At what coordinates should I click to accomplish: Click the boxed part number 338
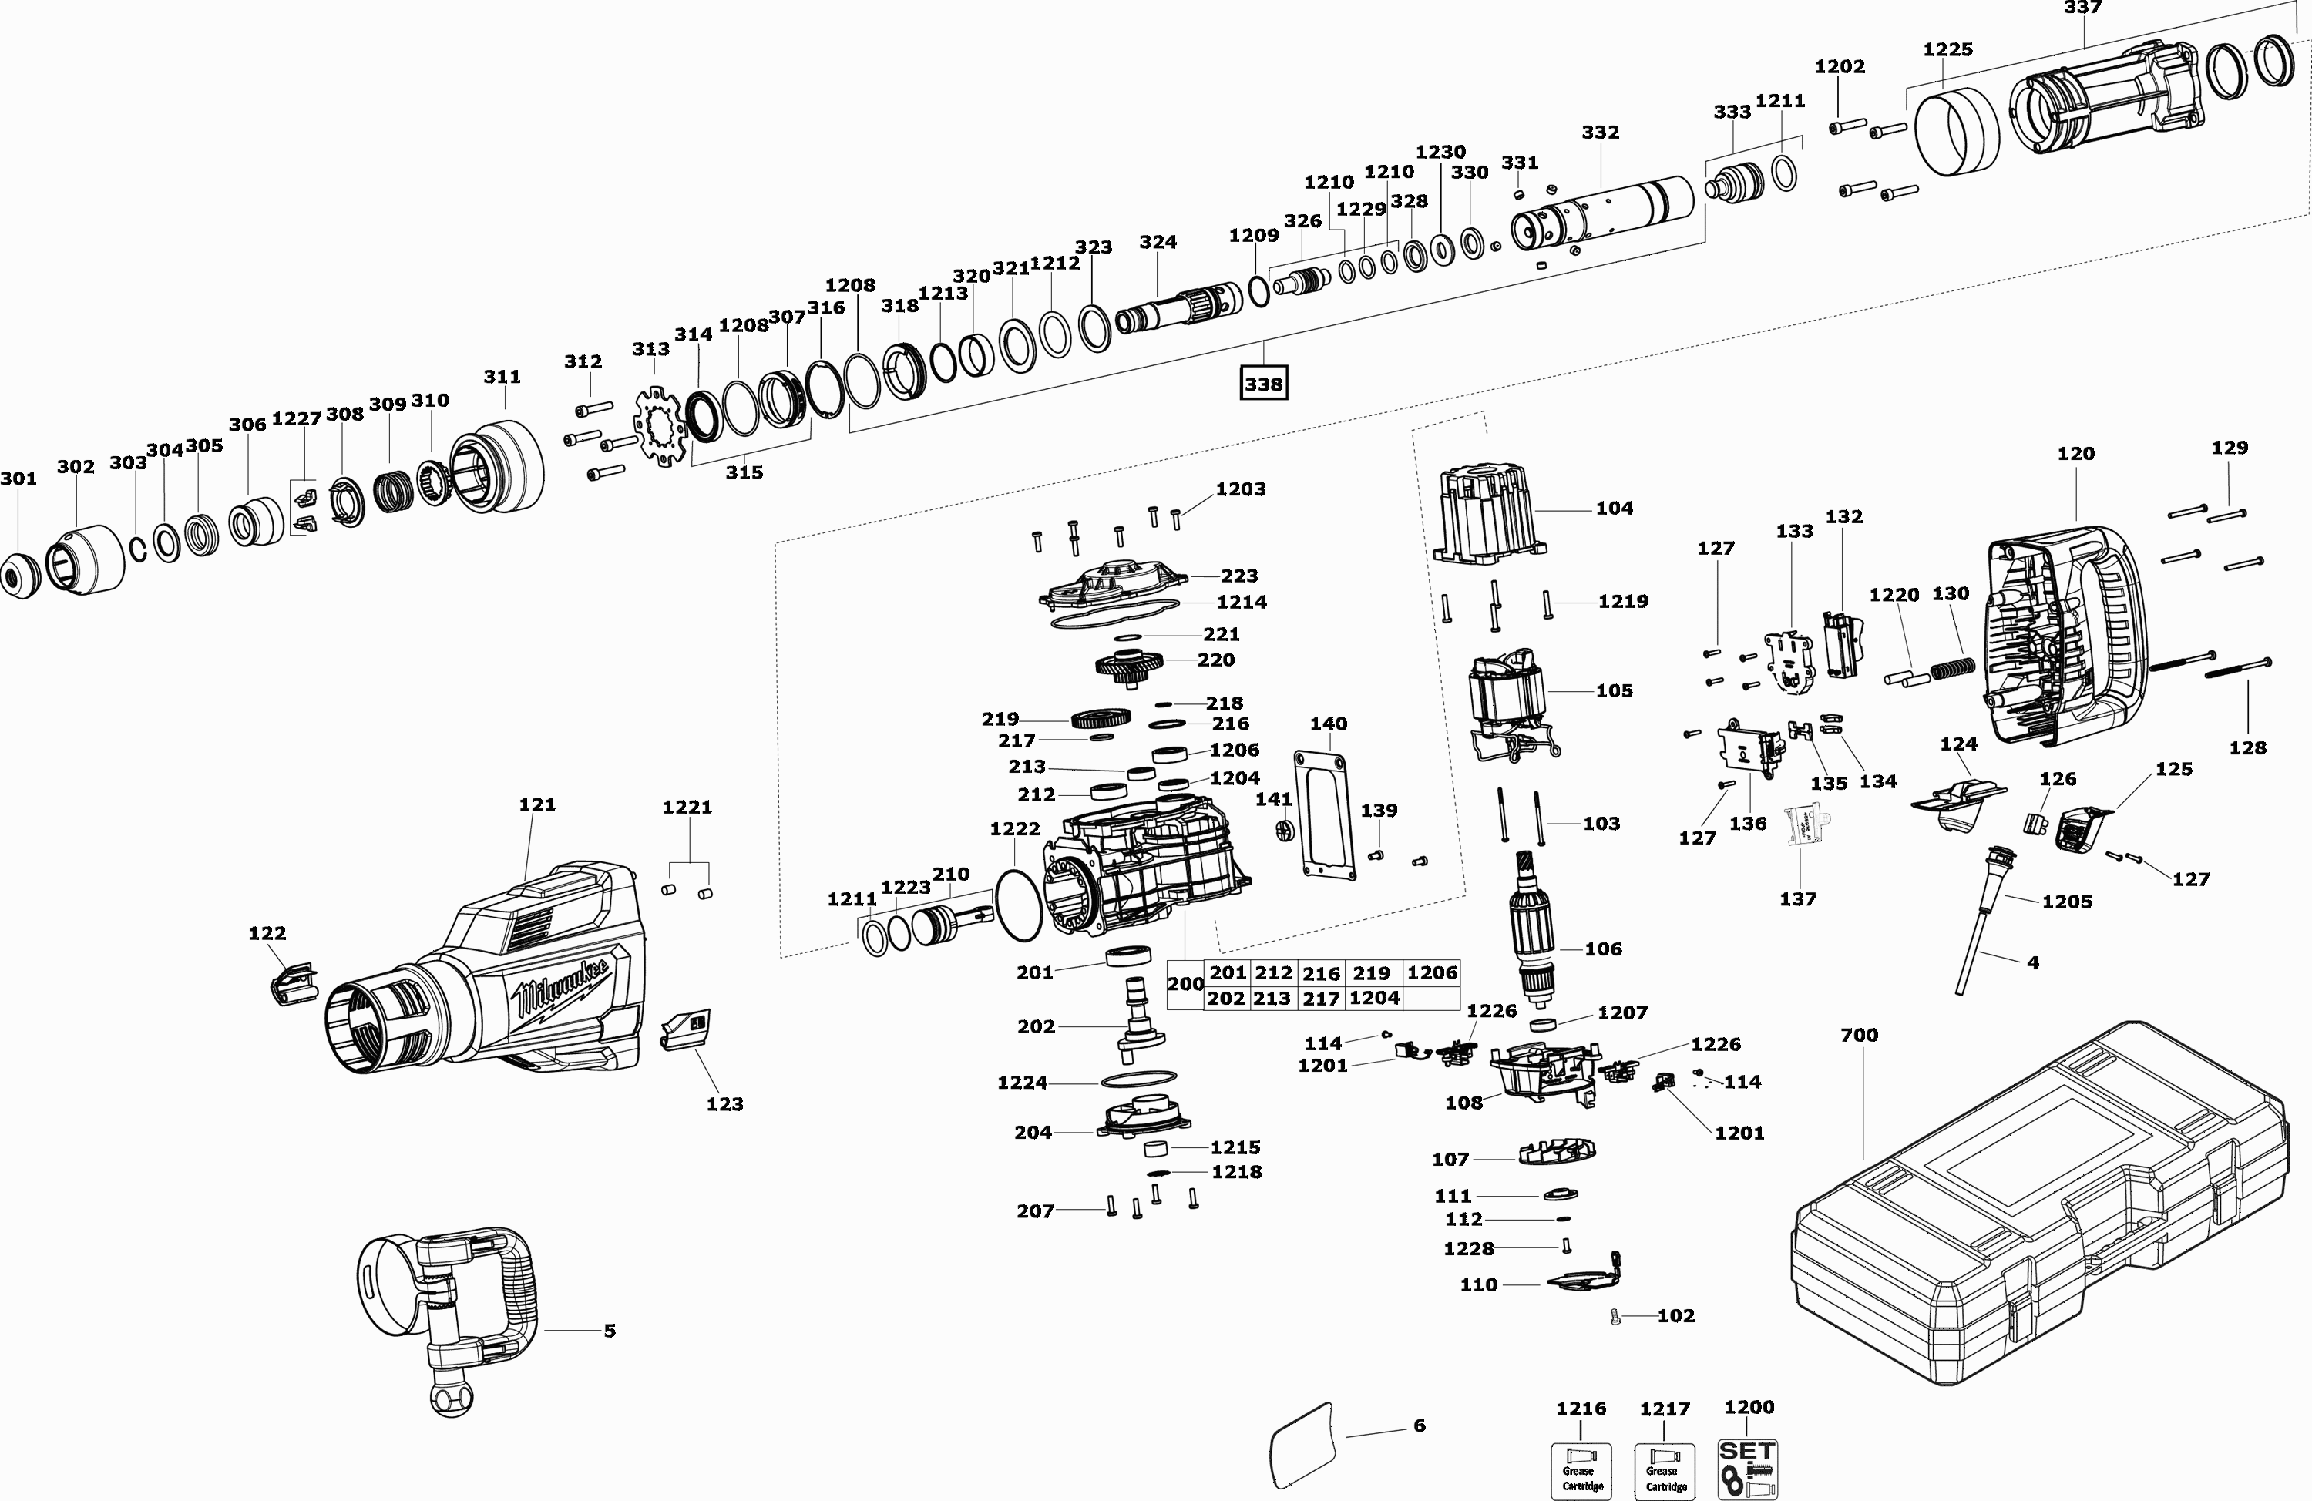click(1264, 384)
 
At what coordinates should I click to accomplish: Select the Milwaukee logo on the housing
click(563, 986)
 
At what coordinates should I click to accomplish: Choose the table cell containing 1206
click(1432, 972)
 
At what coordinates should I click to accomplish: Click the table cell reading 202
click(1227, 998)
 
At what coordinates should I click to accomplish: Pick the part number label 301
click(18, 478)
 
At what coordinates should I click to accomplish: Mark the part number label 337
click(2083, 8)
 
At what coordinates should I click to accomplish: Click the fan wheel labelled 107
click(1558, 1152)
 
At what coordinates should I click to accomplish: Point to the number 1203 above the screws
click(1241, 489)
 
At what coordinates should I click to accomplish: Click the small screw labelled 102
click(1615, 1318)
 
